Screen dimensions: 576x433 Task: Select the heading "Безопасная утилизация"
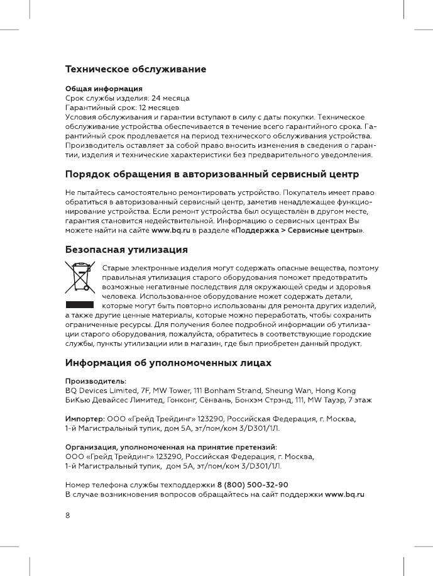127,250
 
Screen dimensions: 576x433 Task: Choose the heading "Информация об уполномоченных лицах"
169,363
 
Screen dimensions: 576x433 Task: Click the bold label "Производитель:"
96,382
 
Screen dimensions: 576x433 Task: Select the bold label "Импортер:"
89,419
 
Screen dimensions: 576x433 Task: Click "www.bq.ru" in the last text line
345,495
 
